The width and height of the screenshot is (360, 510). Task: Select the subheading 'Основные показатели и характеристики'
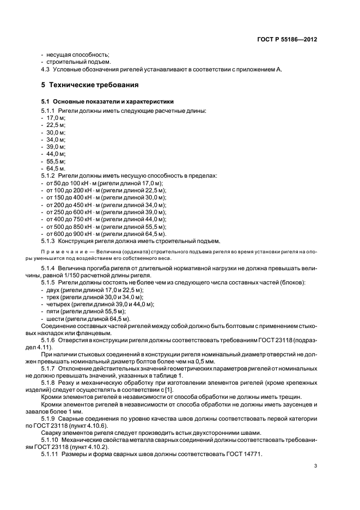coord(112,101)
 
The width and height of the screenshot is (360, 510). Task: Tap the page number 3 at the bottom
coord(315,466)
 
